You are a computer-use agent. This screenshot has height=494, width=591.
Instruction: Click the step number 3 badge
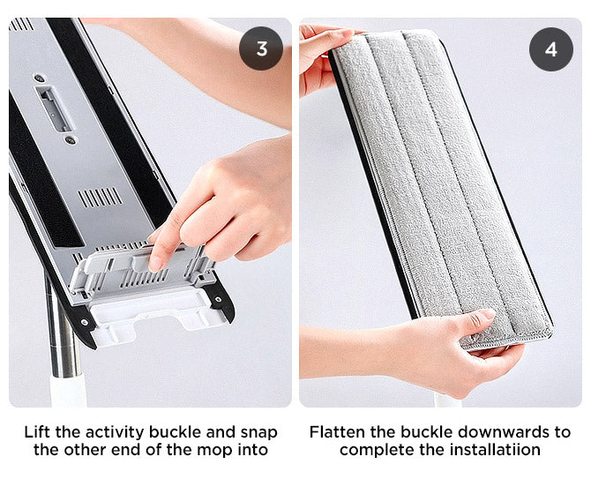(261, 49)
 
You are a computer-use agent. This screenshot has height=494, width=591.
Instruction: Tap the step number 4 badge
(551, 49)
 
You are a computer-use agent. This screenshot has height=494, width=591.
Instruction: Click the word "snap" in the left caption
(259, 433)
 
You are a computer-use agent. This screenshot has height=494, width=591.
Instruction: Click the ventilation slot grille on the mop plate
(100, 197)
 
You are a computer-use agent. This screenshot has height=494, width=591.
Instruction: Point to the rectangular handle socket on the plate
(53, 109)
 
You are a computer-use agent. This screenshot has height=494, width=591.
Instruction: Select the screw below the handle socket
(70, 140)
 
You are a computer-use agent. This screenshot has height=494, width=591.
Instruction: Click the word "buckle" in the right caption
(426, 432)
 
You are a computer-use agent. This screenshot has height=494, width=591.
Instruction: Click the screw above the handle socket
(39, 79)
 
